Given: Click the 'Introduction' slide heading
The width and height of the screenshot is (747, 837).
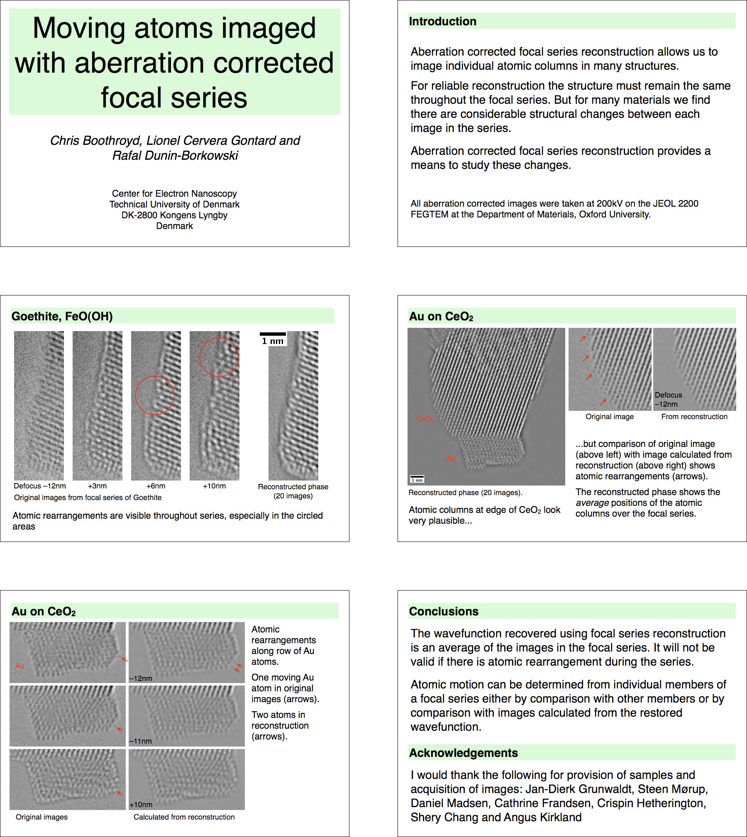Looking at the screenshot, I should coord(442,22).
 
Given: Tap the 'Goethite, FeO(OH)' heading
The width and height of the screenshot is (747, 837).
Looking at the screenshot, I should coord(62,317).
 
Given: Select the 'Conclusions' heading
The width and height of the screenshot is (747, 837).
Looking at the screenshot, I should coord(444,611).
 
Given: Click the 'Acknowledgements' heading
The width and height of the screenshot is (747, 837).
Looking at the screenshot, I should coord(463,753).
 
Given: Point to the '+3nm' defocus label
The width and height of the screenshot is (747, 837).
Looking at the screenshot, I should coord(97,486).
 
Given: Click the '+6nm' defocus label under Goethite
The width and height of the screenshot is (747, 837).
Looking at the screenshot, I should coord(156,486).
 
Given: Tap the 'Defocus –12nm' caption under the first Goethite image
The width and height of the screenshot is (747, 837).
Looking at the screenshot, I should coord(40,486).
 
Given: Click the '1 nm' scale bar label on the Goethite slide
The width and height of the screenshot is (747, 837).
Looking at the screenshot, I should coord(273,341).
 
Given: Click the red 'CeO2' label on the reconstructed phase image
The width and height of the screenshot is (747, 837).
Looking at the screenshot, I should coord(426,419).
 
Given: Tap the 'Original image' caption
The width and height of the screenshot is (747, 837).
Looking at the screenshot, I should coord(610,417).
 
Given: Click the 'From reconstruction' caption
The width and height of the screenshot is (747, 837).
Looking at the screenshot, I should coord(694,417).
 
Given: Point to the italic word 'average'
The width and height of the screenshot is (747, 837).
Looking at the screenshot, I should coord(592,503).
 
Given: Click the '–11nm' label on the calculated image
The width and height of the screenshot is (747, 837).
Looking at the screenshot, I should coord(140,741).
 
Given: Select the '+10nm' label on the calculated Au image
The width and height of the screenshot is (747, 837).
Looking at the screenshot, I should coord(141,805).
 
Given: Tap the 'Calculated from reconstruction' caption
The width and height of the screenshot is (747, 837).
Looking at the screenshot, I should coord(184,817).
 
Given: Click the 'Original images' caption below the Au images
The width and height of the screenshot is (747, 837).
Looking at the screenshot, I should coord(41,817).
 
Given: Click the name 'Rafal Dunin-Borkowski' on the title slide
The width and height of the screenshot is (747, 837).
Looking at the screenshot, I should coord(175,156).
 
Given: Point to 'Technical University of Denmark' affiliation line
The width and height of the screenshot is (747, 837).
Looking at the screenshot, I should coord(174,205).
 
